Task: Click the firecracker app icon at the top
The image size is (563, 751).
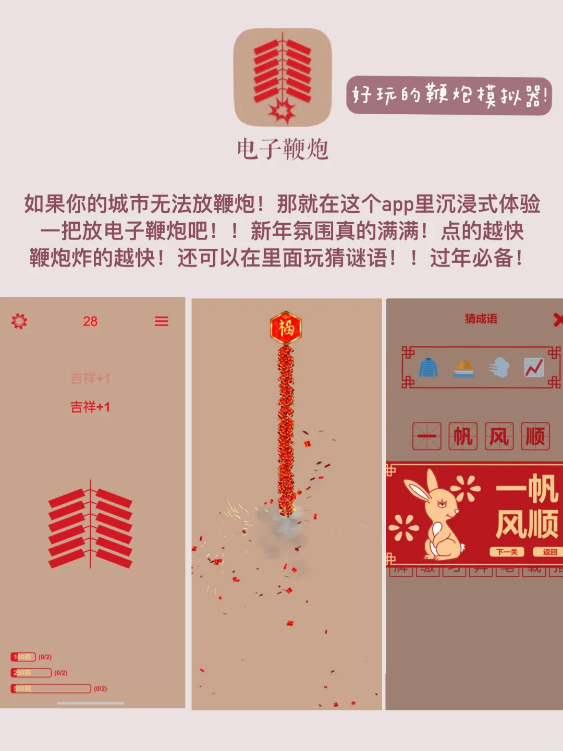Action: pyautogui.click(x=282, y=77)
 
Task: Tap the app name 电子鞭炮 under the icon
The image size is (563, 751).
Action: pyautogui.click(x=283, y=149)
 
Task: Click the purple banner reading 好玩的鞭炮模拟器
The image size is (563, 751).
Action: pyautogui.click(x=449, y=96)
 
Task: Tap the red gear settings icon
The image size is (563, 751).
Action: pyautogui.click(x=19, y=321)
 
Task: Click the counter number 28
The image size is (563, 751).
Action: pyautogui.click(x=90, y=321)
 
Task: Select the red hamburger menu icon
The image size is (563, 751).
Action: pyautogui.click(x=162, y=321)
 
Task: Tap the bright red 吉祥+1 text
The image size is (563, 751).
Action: pyautogui.click(x=90, y=407)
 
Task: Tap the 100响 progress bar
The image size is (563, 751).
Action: pyautogui.click(x=23, y=657)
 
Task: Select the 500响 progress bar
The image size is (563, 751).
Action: pyautogui.click(x=51, y=688)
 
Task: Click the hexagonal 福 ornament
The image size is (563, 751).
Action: pyautogui.click(x=286, y=328)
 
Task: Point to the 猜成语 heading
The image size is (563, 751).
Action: pyautogui.click(x=481, y=319)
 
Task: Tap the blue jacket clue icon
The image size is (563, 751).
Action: pyautogui.click(x=429, y=368)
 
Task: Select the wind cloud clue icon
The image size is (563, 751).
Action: pyautogui.click(x=499, y=368)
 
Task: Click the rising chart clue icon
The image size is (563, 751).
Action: pyautogui.click(x=534, y=368)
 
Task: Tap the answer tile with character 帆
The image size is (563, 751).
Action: pyautogui.click(x=463, y=436)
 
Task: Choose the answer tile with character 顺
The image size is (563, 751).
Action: pyautogui.click(x=535, y=436)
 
